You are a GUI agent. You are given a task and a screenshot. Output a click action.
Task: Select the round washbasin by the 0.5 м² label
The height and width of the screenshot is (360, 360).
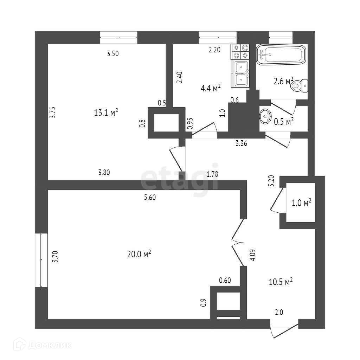(266, 116)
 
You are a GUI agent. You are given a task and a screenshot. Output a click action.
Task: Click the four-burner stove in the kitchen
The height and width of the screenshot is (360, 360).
(240, 51)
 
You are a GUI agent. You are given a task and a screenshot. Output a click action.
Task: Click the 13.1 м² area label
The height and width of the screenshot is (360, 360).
(106, 112)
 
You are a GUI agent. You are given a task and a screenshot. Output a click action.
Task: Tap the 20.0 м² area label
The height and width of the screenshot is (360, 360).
(139, 254)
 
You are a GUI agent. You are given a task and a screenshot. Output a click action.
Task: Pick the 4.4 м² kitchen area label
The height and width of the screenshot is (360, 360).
(211, 88)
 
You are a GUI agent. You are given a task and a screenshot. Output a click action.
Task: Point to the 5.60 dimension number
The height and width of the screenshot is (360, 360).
(150, 198)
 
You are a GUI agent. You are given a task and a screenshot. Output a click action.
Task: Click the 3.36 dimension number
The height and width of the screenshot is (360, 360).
(242, 143)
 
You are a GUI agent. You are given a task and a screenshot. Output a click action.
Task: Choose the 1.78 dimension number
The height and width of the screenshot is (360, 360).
(213, 174)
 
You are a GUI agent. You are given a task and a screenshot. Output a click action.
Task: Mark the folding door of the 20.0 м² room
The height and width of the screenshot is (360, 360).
(237, 243)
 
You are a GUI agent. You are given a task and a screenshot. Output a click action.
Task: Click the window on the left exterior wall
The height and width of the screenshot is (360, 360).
(41, 260)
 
